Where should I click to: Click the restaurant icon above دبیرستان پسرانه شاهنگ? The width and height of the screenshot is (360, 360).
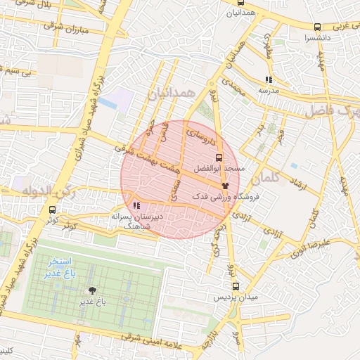(136, 206)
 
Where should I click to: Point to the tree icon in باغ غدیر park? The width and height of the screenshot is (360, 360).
(91, 290)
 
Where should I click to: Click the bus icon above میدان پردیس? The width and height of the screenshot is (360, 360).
(236, 286)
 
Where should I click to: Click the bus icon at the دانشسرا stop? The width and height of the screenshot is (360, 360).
(318, 27)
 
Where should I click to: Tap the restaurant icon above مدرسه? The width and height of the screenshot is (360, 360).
(268, 79)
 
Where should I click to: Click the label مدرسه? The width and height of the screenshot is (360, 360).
(268, 91)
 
